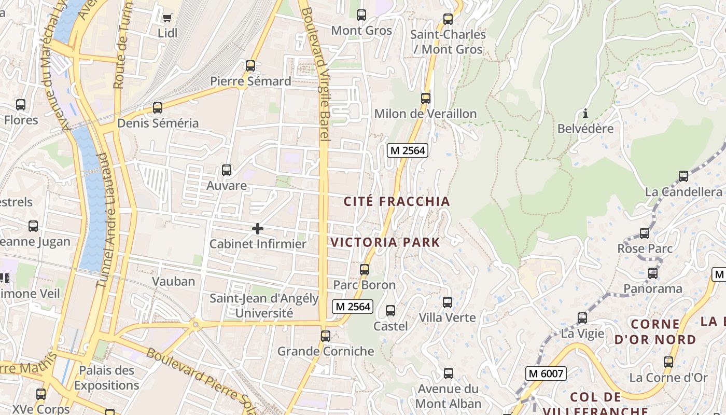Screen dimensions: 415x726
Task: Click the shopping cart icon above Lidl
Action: point(167,18)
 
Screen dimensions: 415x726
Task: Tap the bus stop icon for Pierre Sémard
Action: point(250,66)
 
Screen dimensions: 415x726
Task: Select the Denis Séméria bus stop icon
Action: point(158,108)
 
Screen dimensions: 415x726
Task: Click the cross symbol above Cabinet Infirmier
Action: point(258,229)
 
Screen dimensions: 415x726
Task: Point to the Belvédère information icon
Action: point(585,113)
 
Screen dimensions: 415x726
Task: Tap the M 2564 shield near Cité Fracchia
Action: point(408,150)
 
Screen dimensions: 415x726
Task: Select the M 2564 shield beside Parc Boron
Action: point(353,307)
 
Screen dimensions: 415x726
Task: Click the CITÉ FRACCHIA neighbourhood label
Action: point(397,201)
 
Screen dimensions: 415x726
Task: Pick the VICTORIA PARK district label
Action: point(385,242)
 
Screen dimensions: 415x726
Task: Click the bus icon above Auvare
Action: point(227,170)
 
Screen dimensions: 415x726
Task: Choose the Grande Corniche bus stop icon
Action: point(326,336)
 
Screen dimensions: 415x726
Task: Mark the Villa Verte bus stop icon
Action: point(448,302)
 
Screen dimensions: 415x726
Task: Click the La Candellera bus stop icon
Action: point(683,176)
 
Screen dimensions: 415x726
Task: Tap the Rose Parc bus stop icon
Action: point(645,233)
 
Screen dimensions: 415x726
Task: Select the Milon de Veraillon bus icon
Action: point(426,98)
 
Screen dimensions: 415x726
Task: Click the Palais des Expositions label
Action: point(106,378)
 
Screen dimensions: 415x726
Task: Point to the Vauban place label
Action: point(173,281)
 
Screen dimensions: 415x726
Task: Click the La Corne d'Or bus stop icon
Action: point(668,362)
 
